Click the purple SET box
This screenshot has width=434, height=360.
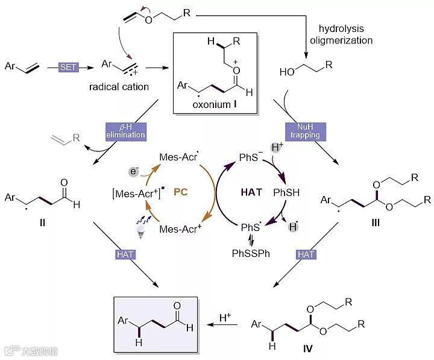click(x=68, y=67)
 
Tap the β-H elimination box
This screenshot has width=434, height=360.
click(x=126, y=131)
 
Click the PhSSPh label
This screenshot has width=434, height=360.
click(x=251, y=253)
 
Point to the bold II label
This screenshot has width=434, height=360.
click(x=42, y=223)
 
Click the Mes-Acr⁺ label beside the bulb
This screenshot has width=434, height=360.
click(x=179, y=229)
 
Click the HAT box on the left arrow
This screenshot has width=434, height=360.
click(x=125, y=254)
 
